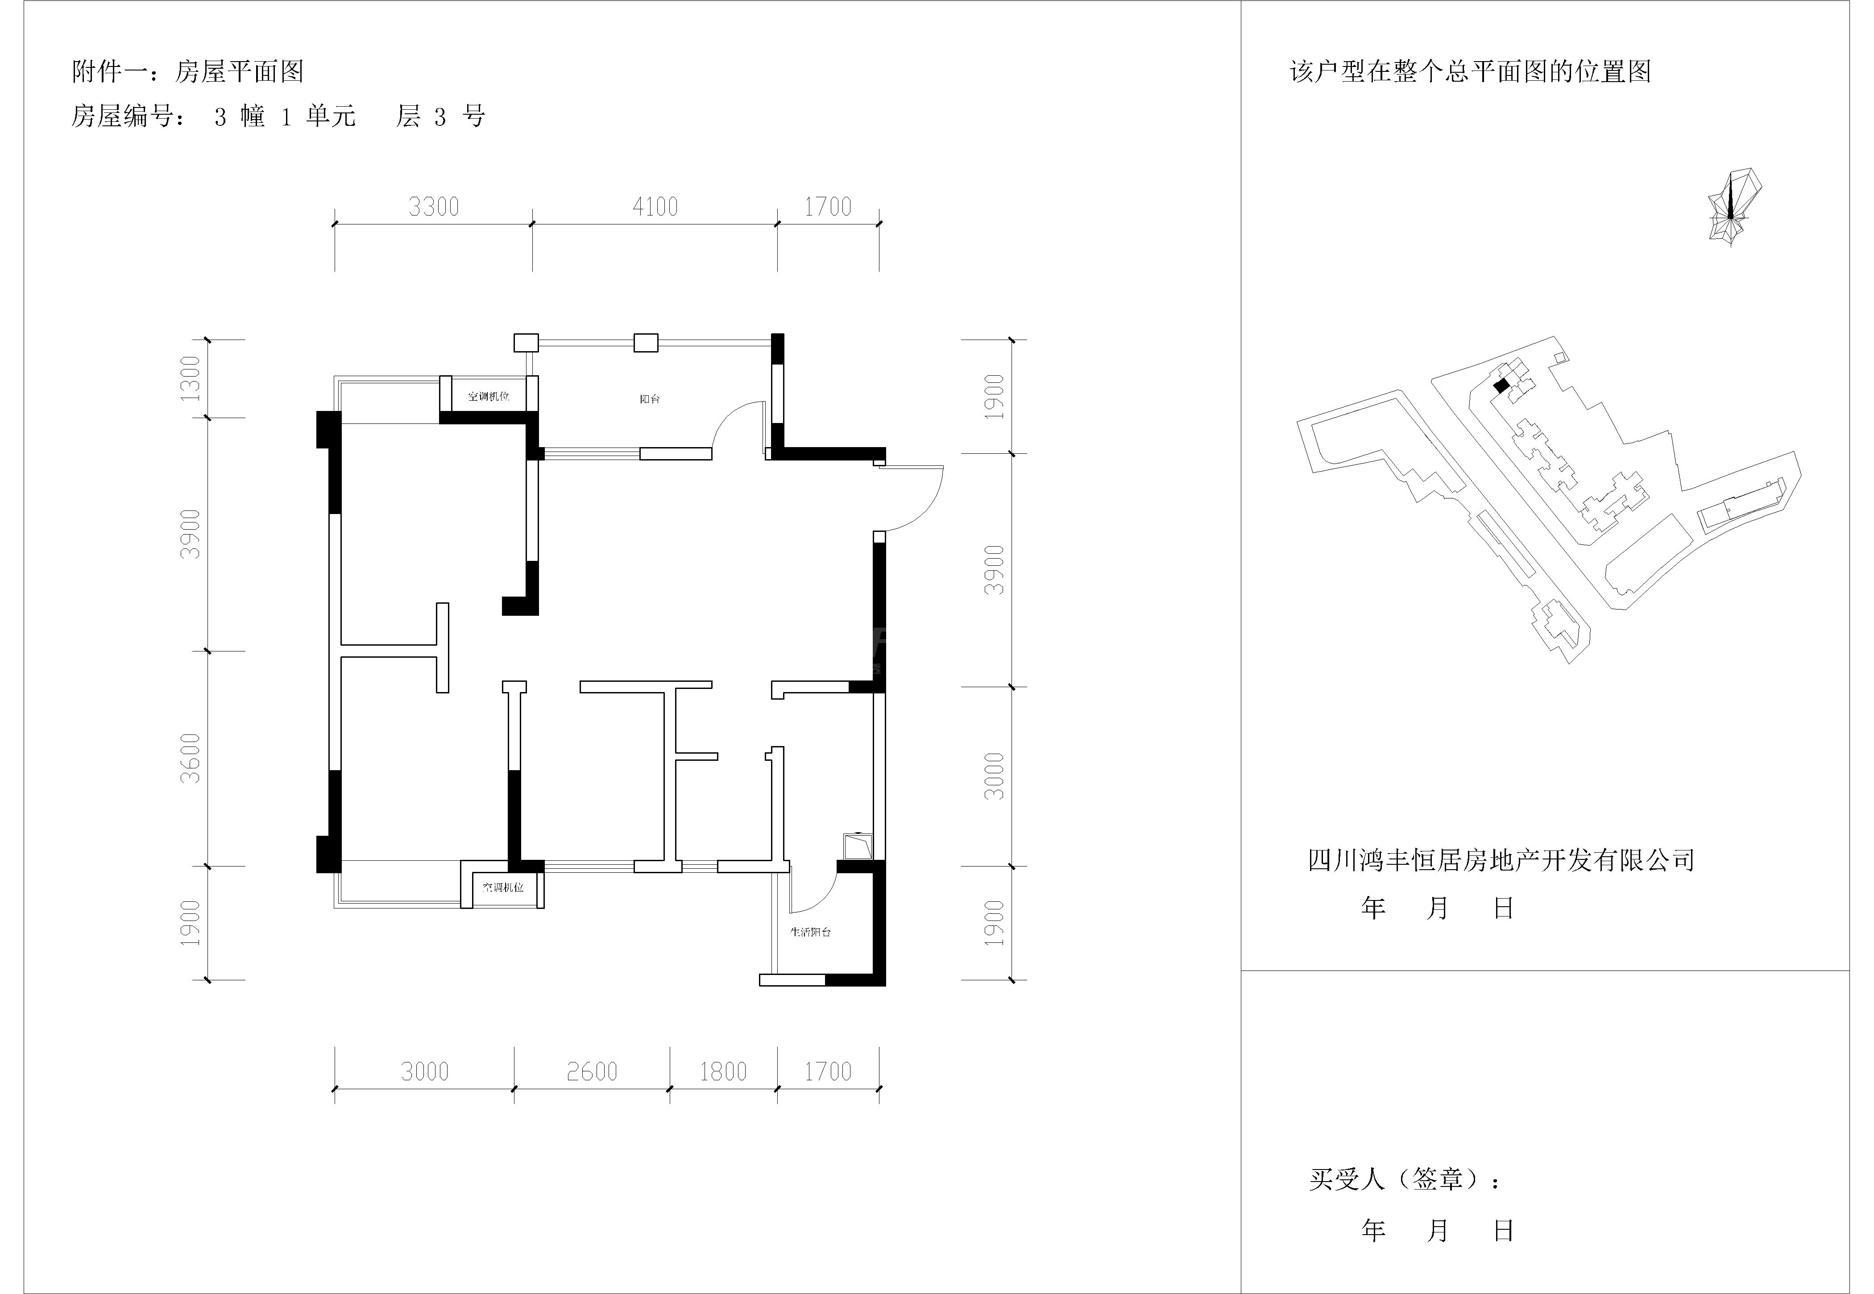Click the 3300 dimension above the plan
click(434, 207)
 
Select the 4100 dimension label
click(655, 207)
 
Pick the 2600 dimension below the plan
click(592, 1072)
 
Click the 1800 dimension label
click(723, 1072)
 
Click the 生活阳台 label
click(811, 933)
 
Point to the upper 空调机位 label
click(489, 397)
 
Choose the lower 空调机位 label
click(503, 887)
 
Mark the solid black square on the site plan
click(1501, 386)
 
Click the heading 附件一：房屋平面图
click(188, 72)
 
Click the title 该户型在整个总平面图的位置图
click(1470, 72)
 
